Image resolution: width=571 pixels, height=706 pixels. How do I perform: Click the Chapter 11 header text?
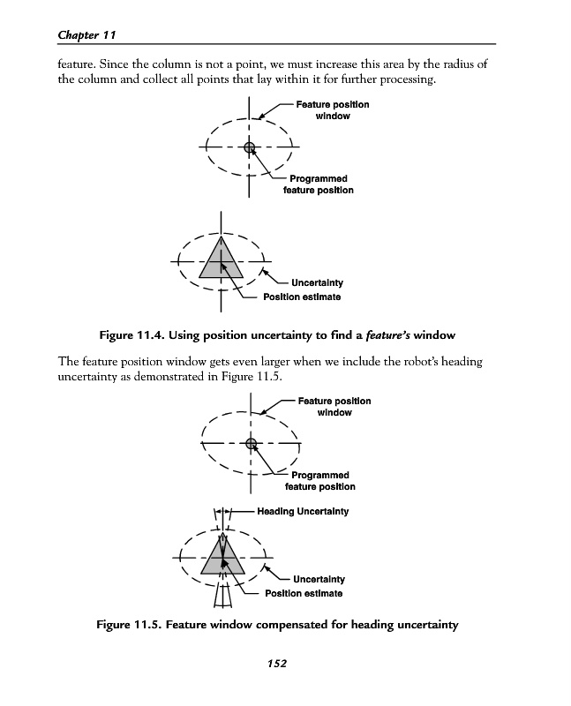click(87, 34)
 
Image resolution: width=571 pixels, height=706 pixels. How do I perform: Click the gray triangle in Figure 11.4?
click(221, 260)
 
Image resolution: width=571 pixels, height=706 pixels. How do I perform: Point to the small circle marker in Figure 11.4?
click(250, 146)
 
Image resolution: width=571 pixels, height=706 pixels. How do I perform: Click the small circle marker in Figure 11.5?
click(252, 443)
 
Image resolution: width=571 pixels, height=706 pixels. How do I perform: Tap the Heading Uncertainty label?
click(302, 512)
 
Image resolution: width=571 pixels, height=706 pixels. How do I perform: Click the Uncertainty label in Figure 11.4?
click(311, 283)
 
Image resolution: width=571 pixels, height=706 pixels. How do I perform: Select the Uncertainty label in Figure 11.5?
click(312, 580)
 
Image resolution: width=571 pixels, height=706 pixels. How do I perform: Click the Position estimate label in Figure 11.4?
click(301, 297)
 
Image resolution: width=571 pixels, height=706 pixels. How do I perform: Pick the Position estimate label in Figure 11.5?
click(304, 593)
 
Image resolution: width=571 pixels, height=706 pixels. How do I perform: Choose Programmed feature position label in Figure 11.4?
click(318, 184)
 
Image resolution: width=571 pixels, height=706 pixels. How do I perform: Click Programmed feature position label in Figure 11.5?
click(319, 481)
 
